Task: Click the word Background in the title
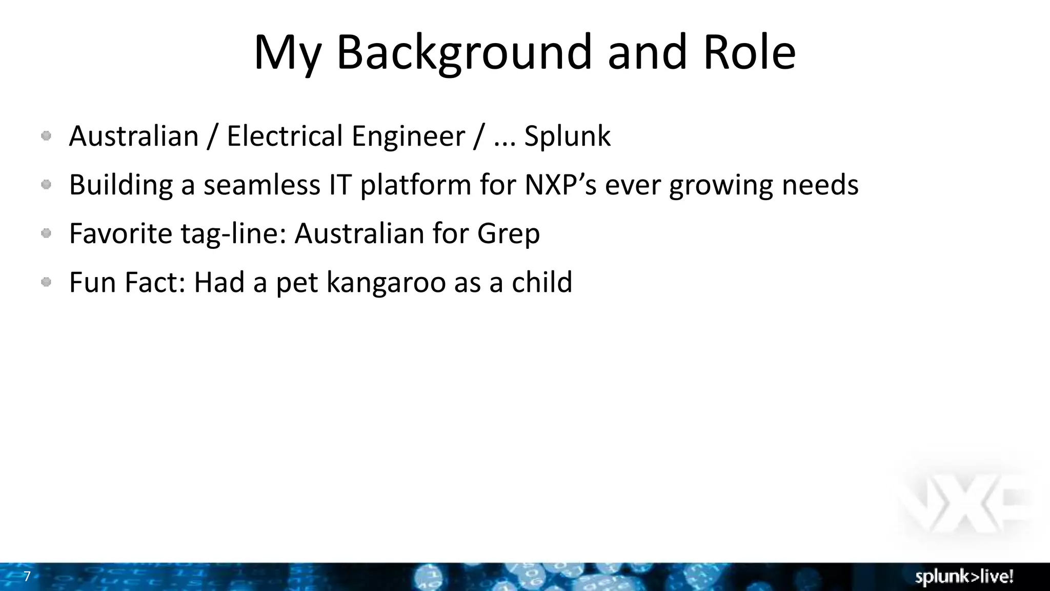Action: (x=465, y=52)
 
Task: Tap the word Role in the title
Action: (x=750, y=52)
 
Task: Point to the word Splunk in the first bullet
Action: (x=567, y=136)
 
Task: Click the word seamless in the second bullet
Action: (x=261, y=185)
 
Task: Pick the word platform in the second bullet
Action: (x=415, y=186)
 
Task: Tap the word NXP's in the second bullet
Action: (x=560, y=185)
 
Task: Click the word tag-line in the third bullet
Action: (x=233, y=234)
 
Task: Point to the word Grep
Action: (x=508, y=234)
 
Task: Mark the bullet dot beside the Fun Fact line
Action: (x=46, y=282)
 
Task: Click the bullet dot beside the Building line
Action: (x=46, y=184)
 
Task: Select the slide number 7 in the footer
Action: (x=27, y=577)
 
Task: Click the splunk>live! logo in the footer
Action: (x=964, y=577)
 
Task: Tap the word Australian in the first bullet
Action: (x=134, y=136)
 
